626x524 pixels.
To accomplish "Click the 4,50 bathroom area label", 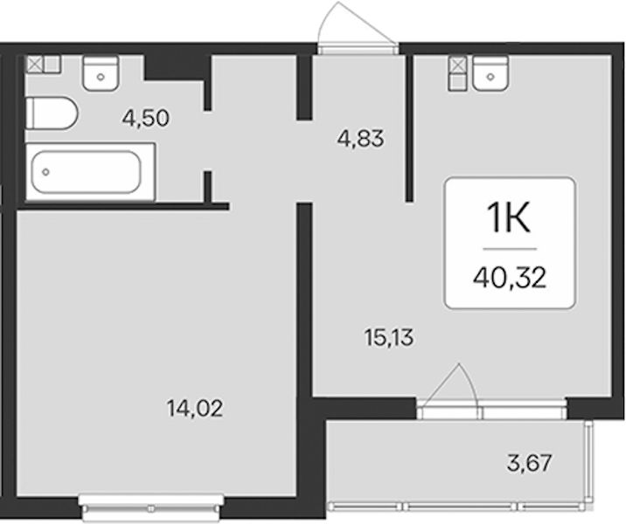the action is (146, 118).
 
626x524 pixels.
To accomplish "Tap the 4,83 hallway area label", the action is (360, 138).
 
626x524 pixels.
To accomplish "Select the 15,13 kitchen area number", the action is (389, 338).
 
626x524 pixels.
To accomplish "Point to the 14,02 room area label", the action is (195, 409).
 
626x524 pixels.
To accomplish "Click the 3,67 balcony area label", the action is (530, 463).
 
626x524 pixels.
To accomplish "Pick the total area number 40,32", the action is (510, 278).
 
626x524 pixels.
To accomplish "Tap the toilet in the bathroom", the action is (52, 114).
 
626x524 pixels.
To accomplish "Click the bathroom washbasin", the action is (101, 73).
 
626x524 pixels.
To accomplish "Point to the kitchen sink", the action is (490, 73).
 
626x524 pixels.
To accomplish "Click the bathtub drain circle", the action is (46, 172).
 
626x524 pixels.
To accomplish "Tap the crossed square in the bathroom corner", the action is (34, 65).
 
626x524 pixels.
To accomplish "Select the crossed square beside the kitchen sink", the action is (457, 65).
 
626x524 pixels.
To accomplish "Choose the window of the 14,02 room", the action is (151, 507).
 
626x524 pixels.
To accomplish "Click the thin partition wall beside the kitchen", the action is (409, 128).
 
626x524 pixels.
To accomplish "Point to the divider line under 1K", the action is (510, 249).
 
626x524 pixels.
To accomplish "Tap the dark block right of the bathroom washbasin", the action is (177, 68).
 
